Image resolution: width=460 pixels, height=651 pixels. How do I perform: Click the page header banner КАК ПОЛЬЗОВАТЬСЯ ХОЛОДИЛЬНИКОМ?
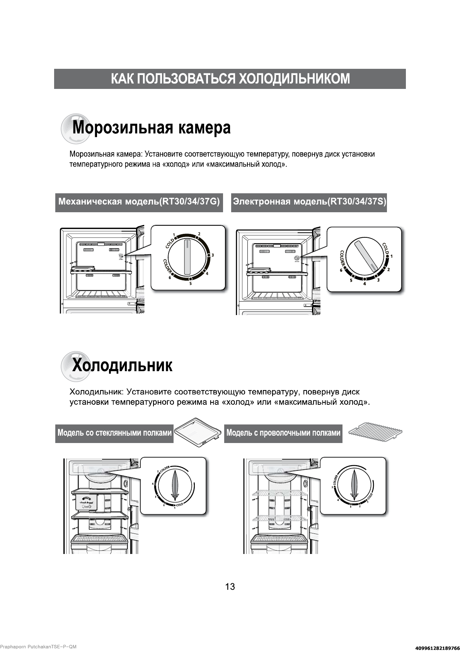point(230,79)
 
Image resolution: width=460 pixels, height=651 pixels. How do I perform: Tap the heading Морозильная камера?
point(152,128)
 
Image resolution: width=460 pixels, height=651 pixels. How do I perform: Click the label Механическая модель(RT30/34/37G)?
point(139,202)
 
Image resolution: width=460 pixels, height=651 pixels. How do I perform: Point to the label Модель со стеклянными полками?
point(114,433)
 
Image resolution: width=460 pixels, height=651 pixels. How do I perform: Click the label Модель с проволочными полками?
point(283,433)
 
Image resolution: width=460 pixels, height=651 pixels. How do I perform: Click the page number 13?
point(230,586)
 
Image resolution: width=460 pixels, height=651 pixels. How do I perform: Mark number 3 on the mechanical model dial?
point(212,255)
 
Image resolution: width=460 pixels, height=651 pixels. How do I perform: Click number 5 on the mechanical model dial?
point(190,284)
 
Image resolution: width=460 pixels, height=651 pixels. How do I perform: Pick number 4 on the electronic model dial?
point(364,284)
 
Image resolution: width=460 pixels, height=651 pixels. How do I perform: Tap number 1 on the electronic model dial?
point(391,256)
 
